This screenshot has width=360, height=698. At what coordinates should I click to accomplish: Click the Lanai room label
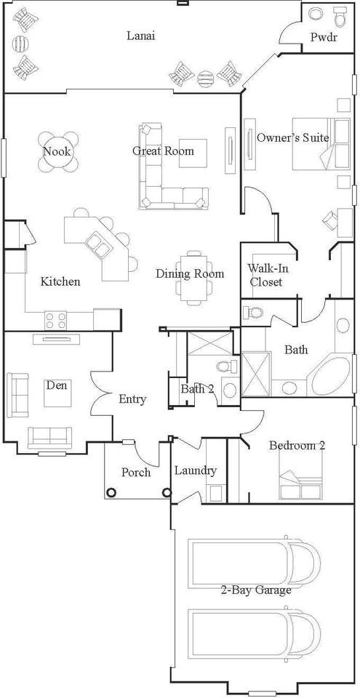[141, 35]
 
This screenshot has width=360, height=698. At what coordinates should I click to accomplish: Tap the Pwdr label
[322, 36]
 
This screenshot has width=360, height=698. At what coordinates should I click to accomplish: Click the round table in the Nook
[57, 152]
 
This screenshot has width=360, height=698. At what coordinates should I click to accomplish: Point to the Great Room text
[163, 151]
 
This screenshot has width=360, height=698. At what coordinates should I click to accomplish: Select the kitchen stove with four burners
[56, 318]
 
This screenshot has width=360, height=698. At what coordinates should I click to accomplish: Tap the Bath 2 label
[197, 389]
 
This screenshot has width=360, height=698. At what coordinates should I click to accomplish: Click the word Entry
[132, 399]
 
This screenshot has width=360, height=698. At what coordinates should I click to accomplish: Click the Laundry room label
[195, 470]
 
